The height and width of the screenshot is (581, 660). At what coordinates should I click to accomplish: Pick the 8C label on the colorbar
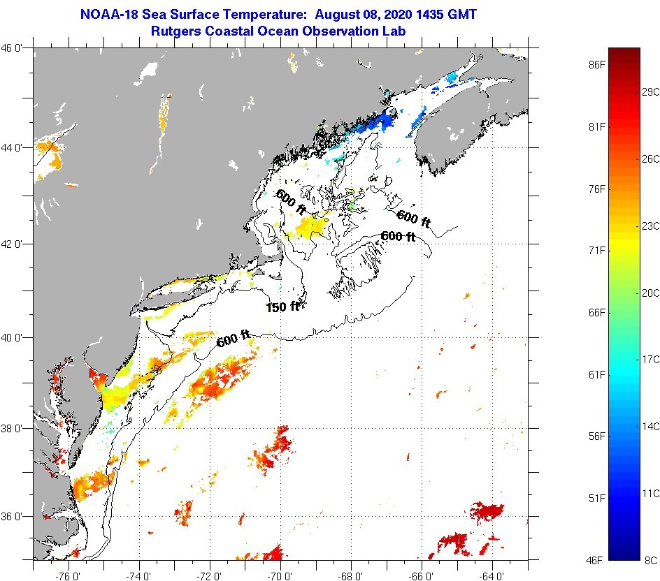click(650, 560)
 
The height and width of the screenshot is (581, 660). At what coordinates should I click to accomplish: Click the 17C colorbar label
click(651, 360)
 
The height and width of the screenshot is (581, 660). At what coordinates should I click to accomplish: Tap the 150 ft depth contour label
click(282, 307)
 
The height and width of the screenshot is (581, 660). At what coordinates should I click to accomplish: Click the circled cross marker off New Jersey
click(157, 369)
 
